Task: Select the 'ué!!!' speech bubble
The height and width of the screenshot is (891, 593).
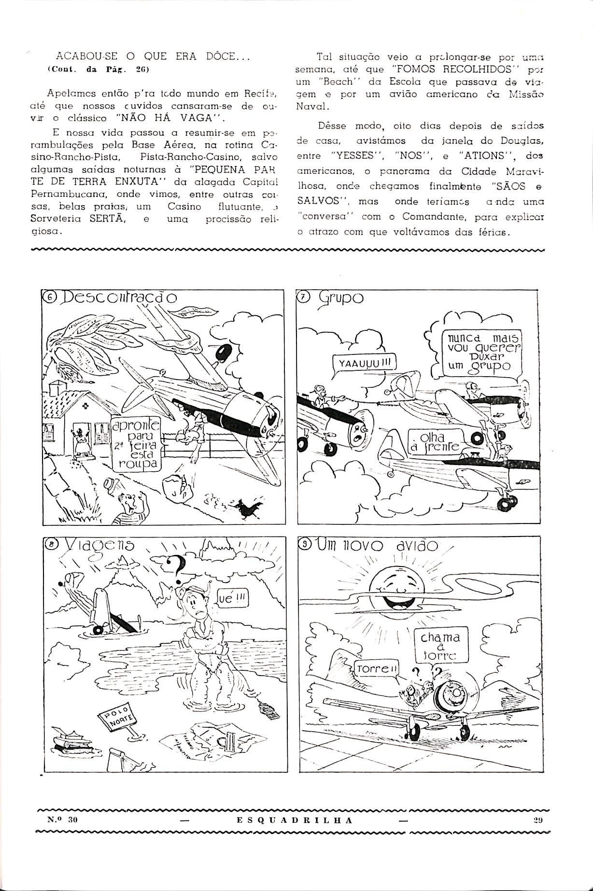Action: pyautogui.click(x=233, y=599)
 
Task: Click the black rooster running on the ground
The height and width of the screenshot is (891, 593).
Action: pyautogui.click(x=248, y=508)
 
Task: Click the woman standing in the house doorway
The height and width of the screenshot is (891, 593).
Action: pyautogui.click(x=79, y=439)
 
